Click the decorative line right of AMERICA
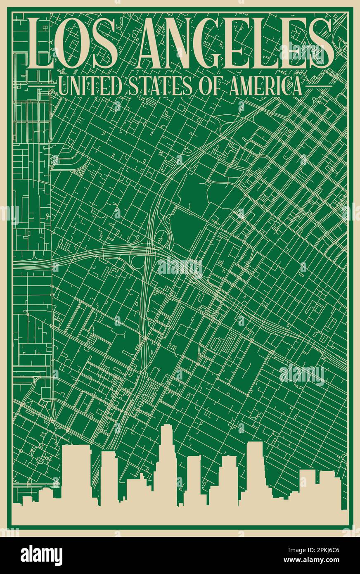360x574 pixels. (317, 86)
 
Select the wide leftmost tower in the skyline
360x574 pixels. (76, 475)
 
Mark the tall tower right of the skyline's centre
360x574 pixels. (255, 471)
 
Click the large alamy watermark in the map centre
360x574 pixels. (180, 267)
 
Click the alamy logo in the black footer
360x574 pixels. (42, 555)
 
